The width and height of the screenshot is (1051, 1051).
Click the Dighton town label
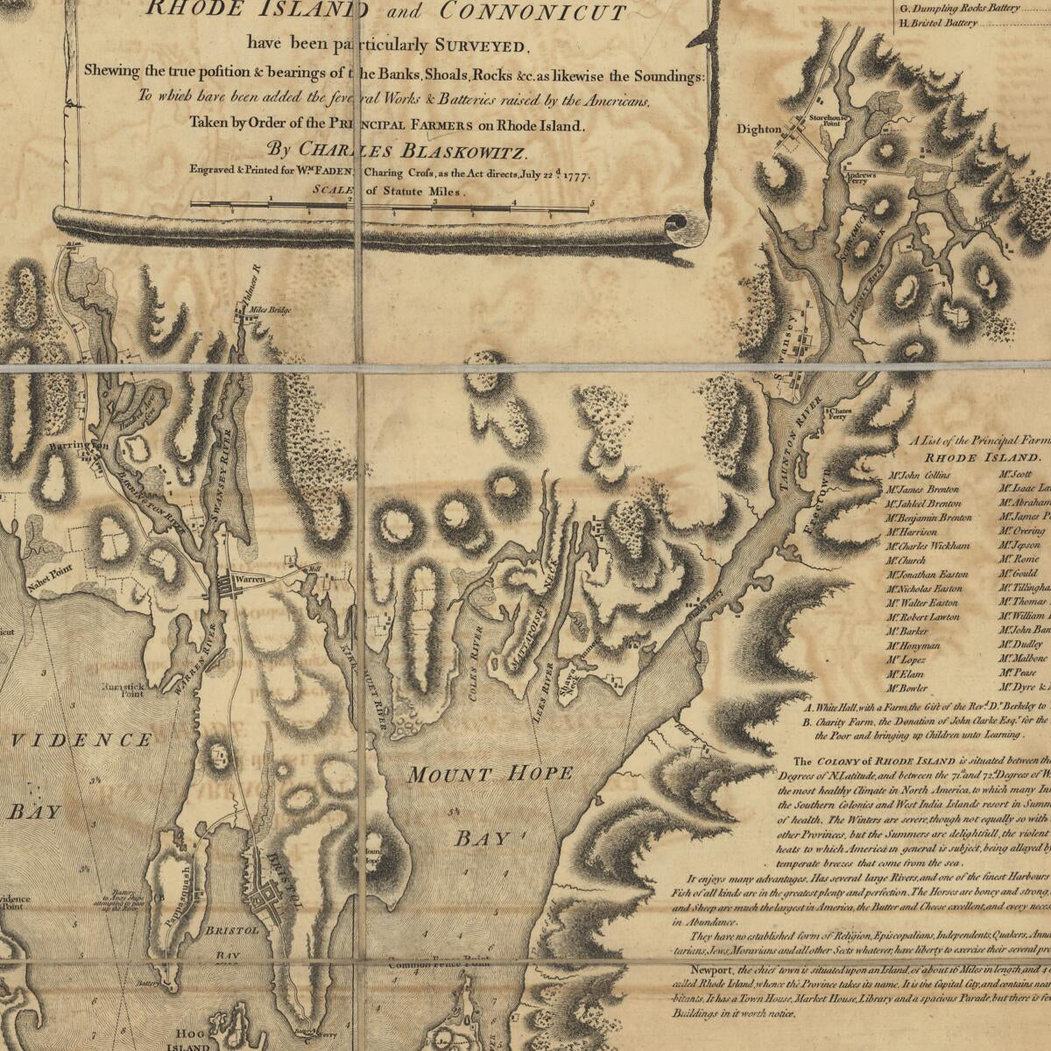click(x=758, y=129)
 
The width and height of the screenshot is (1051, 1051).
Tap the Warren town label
click(x=250, y=580)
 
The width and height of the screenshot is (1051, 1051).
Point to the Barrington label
click(x=78, y=447)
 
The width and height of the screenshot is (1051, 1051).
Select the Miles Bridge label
click(x=270, y=310)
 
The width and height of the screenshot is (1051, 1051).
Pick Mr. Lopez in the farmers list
click(x=906, y=659)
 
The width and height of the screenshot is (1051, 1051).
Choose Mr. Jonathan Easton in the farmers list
click(x=927, y=575)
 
